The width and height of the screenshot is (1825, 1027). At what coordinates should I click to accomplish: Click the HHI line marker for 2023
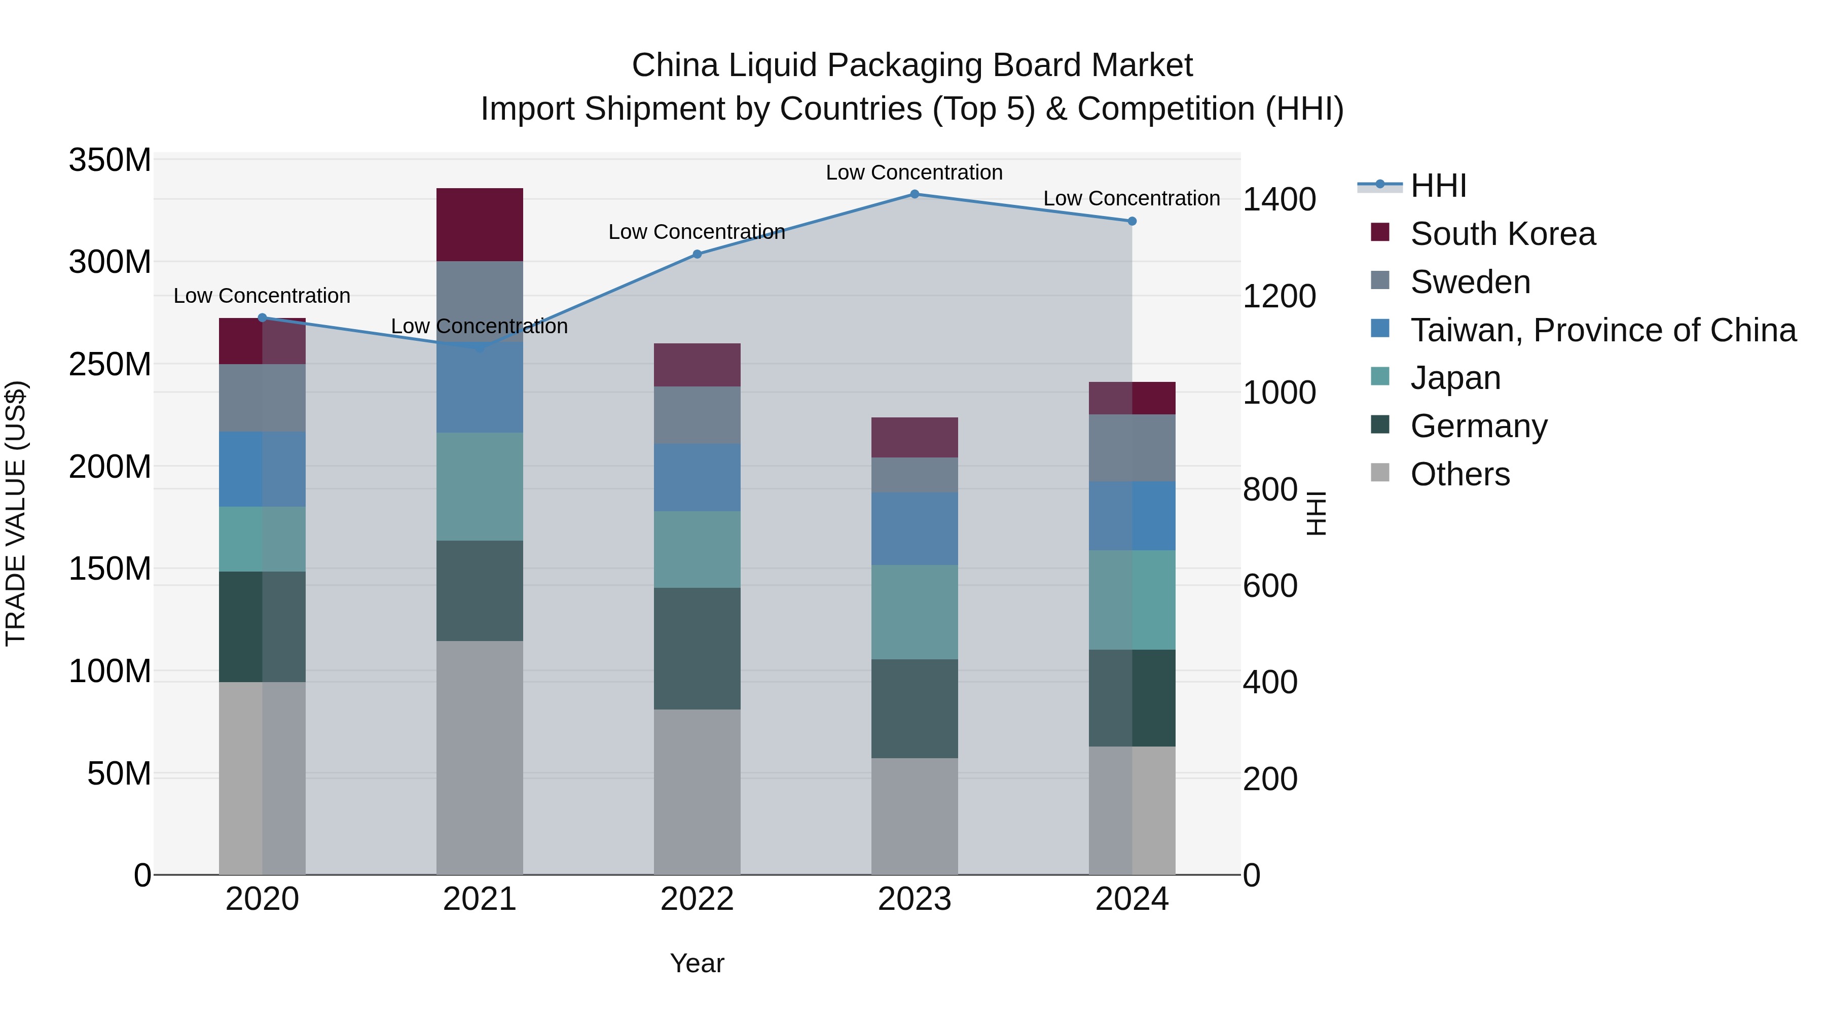[x=914, y=194]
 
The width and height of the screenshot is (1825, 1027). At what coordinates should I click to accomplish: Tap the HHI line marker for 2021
[x=480, y=347]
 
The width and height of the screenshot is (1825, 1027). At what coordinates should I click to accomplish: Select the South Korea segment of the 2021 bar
[x=480, y=225]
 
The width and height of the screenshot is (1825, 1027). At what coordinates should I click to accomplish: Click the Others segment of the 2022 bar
[x=697, y=792]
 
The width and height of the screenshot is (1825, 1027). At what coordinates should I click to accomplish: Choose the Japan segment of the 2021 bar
[x=480, y=486]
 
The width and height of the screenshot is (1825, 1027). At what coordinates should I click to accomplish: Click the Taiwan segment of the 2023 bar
[x=914, y=529]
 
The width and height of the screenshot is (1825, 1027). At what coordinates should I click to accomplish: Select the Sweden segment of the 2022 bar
[x=697, y=415]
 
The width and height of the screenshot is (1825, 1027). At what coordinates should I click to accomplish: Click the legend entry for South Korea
[x=1502, y=234]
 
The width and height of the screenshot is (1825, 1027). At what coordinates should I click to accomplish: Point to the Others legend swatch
[x=1379, y=472]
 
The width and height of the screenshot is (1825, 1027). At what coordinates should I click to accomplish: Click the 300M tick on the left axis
[x=110, y=262]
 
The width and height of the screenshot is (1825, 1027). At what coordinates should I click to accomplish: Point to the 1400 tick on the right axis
[x=1279, y=200]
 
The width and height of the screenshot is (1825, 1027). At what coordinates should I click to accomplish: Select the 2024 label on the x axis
[x=1131, y=899]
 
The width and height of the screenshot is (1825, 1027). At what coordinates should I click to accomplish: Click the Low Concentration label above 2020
[x=262, y=296]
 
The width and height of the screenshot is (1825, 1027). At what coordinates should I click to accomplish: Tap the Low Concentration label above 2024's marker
[x=1131, y=198]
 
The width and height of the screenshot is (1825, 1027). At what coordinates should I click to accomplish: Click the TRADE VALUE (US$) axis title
[x=16, y=513]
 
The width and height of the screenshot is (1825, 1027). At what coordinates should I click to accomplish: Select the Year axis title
[x=697, y=963]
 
